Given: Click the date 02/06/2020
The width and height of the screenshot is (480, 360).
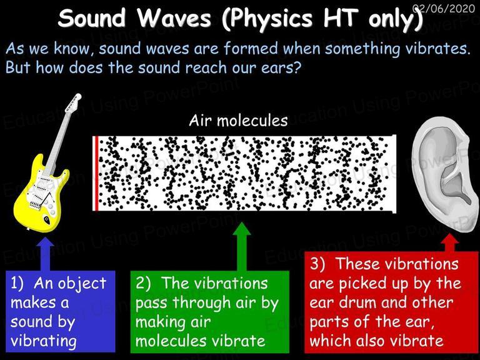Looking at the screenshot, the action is (444, 8).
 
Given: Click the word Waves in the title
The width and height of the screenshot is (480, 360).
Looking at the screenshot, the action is (174, 17).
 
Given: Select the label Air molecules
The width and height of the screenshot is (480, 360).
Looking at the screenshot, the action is (238, 120).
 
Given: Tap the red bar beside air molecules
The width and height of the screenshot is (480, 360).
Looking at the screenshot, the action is (96, 174).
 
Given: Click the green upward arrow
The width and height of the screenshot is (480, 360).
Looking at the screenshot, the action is (242, 246).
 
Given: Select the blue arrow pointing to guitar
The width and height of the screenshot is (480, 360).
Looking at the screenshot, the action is (45, 254).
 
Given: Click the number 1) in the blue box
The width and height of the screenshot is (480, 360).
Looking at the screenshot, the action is (17, 283).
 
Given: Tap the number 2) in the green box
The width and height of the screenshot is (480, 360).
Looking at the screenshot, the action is (143, 283).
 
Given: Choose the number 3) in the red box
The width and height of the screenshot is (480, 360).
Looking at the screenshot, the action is (317, 264).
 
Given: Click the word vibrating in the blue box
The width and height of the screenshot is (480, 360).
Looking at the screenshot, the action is (44, 341).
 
